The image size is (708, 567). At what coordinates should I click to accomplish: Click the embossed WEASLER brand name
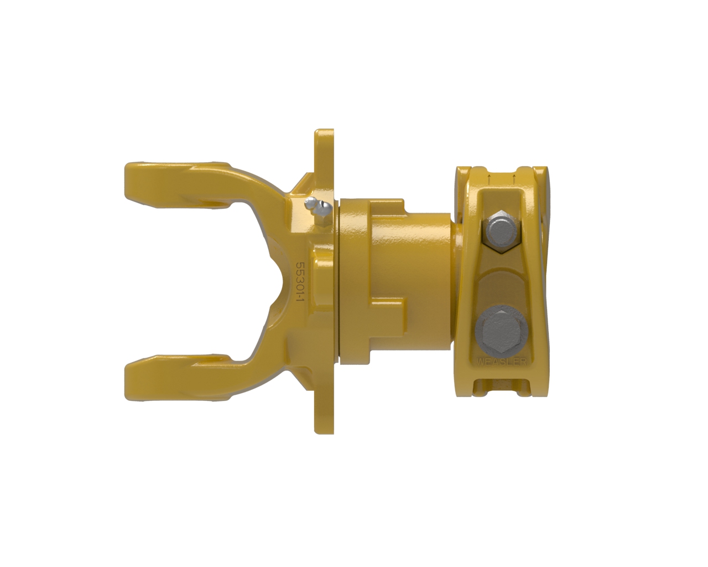tap(501, 362)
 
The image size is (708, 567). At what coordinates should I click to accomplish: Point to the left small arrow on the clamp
tap(490, 180)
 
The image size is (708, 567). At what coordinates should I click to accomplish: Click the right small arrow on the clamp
tap(513, 180)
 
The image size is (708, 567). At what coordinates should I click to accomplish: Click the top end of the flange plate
tap(324, 131)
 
